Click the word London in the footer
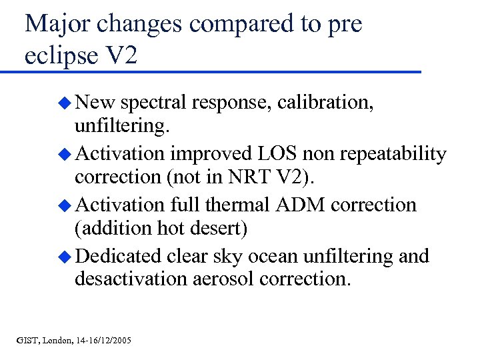[x=59, y=341]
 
